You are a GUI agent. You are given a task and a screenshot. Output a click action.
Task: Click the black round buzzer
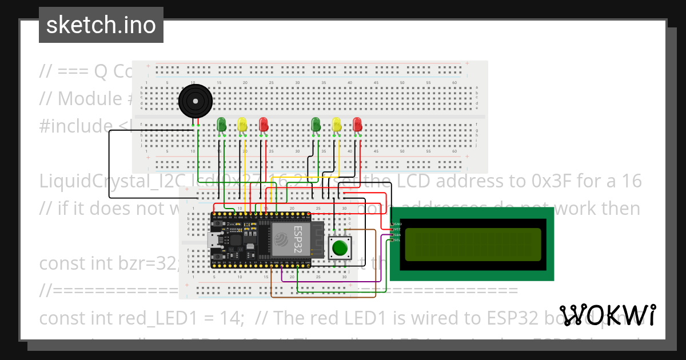(196, 102)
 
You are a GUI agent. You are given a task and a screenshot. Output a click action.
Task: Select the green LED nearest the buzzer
(222, 124)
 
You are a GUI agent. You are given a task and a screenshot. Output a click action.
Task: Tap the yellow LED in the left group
(242, 124)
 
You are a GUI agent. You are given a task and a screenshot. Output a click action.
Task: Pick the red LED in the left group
(263, 124)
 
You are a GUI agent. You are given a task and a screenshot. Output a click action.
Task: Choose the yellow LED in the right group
(336, 124)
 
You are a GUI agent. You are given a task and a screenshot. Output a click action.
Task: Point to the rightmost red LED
(357, 124)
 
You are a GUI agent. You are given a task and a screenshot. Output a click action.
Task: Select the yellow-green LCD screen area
(473, 244)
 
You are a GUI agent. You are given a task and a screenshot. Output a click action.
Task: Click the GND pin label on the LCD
(397, 224)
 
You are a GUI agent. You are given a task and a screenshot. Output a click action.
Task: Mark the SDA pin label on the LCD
(397, 235)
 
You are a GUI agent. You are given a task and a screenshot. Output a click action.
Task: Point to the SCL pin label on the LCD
(397, 240)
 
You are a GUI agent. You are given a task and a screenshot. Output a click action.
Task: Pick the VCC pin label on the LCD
(397, 229)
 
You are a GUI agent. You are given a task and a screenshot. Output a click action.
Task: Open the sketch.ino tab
(101, 25)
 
